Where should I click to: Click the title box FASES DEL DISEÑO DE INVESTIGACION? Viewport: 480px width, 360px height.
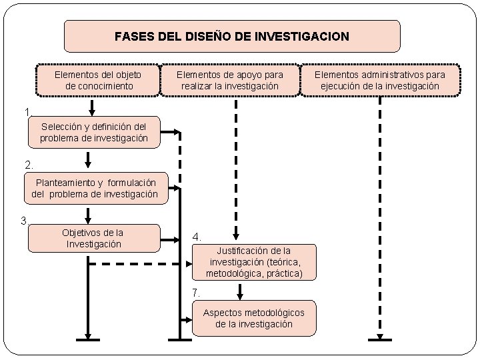coord(232,36)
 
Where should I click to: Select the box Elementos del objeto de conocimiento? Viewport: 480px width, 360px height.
coord(99,80)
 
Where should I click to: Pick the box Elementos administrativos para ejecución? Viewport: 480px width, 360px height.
coord(379,80)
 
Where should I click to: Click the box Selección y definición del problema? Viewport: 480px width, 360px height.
coord(93,132)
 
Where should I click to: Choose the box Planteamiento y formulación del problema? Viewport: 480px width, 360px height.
coord(95,188)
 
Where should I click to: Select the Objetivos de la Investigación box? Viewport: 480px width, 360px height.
coord(93,238)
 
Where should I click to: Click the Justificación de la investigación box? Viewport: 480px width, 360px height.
coord(253,262)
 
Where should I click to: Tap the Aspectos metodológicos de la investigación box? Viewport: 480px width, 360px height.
coord(253,318)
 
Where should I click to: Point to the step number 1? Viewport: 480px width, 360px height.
coord(25,112)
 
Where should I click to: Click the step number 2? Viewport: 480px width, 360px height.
coord(27,164)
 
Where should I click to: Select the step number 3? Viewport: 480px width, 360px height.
coord(24,221)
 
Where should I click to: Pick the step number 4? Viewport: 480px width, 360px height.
coord(196,237)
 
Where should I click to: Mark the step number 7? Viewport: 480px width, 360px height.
coord(196,293)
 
